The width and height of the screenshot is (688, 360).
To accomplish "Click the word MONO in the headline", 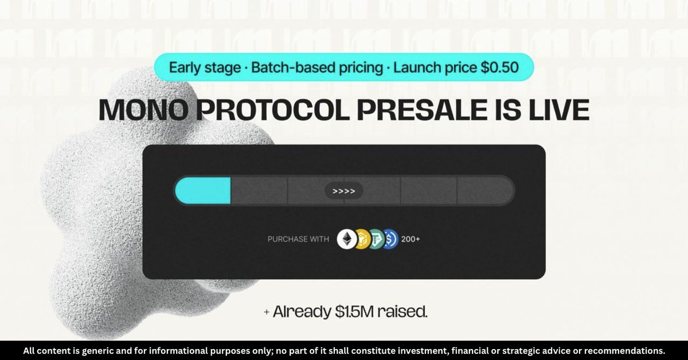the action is (x=143, y=110).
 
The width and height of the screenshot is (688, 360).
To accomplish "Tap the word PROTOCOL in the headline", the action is (x=273, y=110).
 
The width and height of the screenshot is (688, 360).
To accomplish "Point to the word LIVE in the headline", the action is (x=559, y=110).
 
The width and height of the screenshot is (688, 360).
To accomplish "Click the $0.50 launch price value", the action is (x=500, y=68).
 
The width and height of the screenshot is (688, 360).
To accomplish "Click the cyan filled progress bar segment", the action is (x=203, y=190).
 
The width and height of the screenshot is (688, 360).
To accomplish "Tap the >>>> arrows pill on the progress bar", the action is (x=344, y=191).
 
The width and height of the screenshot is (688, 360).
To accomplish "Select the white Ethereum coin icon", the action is (x=347, y=239).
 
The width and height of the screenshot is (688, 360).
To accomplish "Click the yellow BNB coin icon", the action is (x=362, y=239).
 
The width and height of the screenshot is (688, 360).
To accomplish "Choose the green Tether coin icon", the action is (x=377, y=239).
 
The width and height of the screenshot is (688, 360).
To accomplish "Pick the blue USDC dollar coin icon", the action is (x=390, y=239).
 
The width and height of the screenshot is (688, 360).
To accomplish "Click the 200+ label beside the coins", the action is (x=411, y=239).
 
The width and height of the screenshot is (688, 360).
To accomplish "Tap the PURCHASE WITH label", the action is (x=298, y=239).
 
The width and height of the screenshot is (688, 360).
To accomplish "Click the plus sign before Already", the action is (x=267, y=312).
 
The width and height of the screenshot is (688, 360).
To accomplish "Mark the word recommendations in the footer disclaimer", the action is (x=624, y=351).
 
